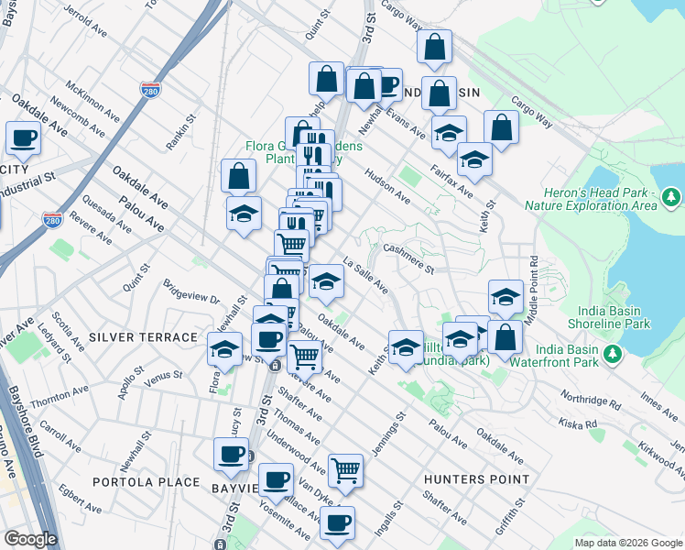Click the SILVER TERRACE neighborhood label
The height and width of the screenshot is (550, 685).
point(143,337)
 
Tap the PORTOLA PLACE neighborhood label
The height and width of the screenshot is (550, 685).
point(147,481)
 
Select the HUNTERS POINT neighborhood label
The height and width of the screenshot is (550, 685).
point(477,478)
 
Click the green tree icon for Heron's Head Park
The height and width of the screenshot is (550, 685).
point(670,197)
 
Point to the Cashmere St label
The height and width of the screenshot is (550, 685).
point(408,258)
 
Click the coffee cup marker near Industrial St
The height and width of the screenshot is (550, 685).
point(23,138)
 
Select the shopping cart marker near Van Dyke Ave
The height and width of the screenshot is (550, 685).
point(345,470)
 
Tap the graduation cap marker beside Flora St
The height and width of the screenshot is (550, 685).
point(224,350)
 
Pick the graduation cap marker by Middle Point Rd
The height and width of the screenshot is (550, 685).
point(506,297)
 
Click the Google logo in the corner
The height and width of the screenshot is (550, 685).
point(30,539)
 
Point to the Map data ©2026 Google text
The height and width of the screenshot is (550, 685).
point(628,543)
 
